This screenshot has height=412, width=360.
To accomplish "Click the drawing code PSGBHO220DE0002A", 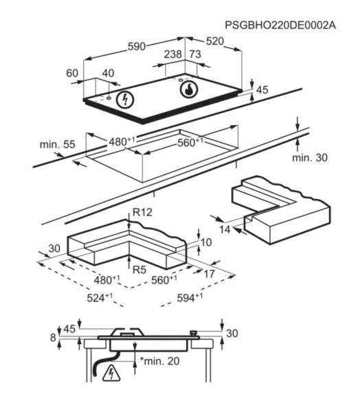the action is click(280, 25).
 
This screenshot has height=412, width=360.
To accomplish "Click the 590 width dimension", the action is click(137, 47).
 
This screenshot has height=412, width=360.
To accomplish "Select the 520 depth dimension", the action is click(215, 41).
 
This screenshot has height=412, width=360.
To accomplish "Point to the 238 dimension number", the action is click(172, 54).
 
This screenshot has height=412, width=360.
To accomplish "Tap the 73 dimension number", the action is click(195, 54).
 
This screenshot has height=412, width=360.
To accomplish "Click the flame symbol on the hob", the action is click(188, 89).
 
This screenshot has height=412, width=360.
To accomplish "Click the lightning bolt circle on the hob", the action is click(125, 100).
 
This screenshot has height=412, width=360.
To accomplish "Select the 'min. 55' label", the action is click(57, 144).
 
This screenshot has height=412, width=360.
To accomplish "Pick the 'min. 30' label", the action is click(310, 157).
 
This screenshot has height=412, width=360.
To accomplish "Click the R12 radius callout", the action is click(142, 212).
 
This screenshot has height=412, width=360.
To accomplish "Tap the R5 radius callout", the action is click(139, 270).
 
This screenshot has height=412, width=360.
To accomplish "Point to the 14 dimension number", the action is click(225, 229).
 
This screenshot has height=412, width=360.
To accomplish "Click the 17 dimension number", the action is click(210, 274).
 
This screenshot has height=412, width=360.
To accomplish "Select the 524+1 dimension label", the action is click(100, 297).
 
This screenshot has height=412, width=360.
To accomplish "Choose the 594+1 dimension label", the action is click(190, 297).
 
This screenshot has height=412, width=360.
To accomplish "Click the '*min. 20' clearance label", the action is click(159, 360).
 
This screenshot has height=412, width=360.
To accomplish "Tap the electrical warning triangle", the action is click(111, 373).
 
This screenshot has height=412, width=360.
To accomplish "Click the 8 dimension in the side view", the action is click(53, 337).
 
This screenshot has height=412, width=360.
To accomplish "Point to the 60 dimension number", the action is click(72, 73).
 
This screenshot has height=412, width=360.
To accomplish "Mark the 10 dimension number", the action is click(206, 242).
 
